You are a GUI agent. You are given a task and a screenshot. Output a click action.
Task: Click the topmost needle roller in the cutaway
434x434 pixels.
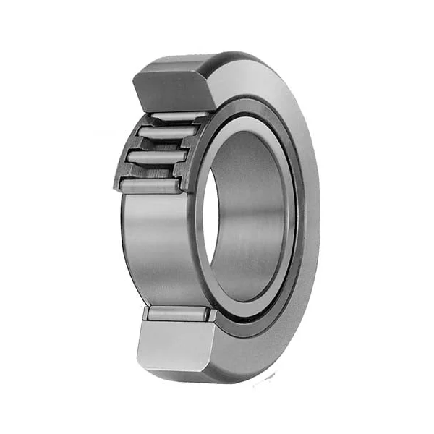point(174,115)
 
